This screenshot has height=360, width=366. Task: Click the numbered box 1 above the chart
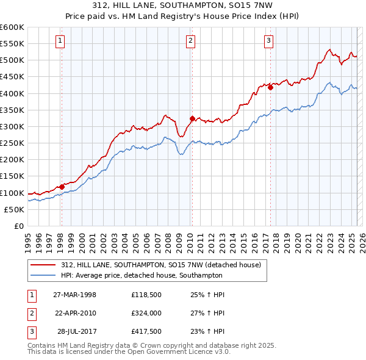coord(61,41)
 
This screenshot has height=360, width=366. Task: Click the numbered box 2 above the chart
coord(190,41)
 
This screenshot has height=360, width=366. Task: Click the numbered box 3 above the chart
coord(269,41)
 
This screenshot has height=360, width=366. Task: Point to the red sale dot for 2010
coord(192,118)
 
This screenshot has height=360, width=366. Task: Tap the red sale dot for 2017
coord(270,87)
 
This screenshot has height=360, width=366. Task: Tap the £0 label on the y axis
coord(18,226)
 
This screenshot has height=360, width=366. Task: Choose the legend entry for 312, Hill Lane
coord(161,265)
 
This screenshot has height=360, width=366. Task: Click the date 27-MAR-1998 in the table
coord(75,294)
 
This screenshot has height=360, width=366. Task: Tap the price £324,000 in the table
coord(146,313)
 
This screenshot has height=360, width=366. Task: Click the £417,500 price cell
coord(146,332)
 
